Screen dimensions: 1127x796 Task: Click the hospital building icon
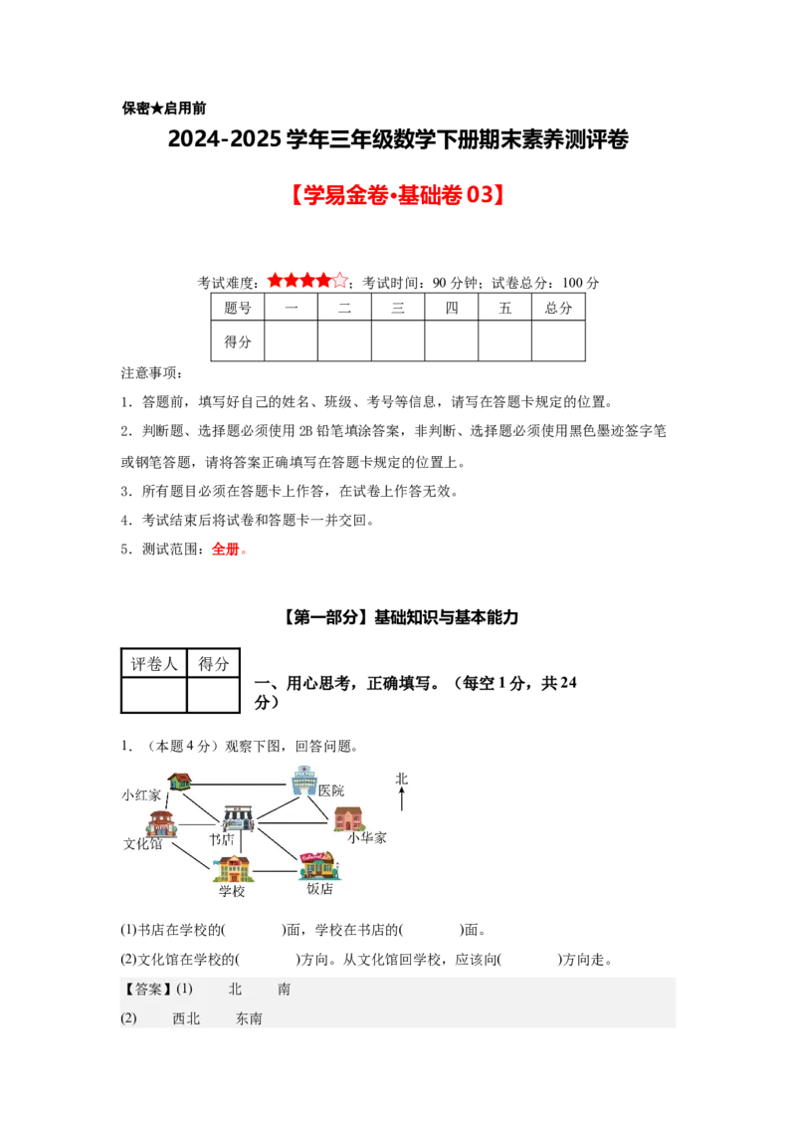(x=303, y=781)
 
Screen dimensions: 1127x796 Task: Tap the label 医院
(x=331, y=790)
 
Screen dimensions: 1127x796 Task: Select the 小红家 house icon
(x=179, y=782)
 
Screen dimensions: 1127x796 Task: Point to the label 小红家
(x=141, y=795)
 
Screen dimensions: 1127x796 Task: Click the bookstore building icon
(x=238, y=819)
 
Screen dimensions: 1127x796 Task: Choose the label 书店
(x=221, y=840)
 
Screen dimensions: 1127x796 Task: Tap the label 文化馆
(x=142, y=843)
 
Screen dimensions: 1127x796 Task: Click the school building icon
(x=235, y=868)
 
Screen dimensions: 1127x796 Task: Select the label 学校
(x=232, y=891)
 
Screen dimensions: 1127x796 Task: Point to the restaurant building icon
(x=318, y=865)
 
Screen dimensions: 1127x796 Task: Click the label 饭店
(x=319, y=889)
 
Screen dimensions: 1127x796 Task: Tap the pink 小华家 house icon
(x=348, y=818)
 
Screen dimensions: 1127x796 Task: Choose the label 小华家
(x=366, y=838)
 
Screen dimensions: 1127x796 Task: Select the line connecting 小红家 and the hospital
(x=239, y=784)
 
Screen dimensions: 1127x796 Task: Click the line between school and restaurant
(x=275, y=872)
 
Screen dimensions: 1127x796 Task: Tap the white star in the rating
(x=340, y=281)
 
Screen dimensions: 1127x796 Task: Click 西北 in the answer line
(x=186, y=1018)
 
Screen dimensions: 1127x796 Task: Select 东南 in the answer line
(x=249, y=1018)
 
